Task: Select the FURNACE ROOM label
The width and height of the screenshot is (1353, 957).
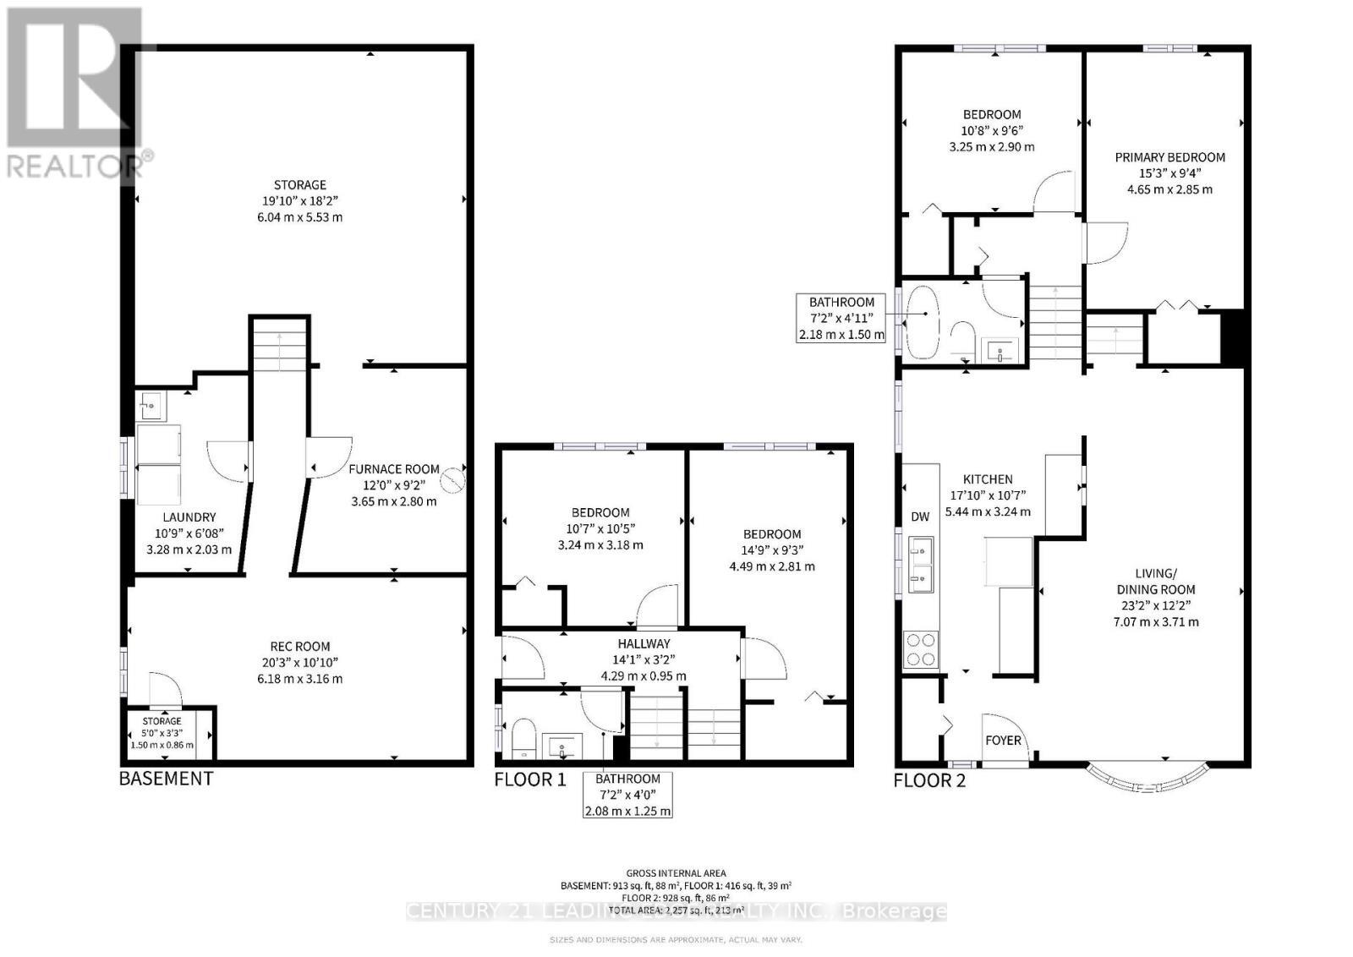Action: (394, 469)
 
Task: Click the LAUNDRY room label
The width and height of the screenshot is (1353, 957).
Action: (189, 517)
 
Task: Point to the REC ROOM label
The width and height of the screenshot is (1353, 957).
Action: (302, 647)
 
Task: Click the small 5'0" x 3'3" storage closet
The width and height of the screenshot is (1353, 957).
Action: (162, 733)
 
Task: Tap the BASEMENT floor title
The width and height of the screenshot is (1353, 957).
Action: (166, 778)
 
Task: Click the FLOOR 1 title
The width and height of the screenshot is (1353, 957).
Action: (530, 779)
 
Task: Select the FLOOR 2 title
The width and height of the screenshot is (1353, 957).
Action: (929, 780)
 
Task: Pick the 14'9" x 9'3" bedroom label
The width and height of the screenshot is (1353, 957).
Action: (772, 534)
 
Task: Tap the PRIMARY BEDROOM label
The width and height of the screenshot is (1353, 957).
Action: (1169, 157)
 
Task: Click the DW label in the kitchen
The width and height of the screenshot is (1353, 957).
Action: (920, 517)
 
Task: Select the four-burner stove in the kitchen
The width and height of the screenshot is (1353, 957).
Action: (920, 649)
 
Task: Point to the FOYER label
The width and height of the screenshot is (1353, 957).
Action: (1004, 741)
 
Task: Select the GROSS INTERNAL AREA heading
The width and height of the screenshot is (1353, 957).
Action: (676, 873)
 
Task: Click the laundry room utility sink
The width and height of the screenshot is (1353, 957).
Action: (151, 405)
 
